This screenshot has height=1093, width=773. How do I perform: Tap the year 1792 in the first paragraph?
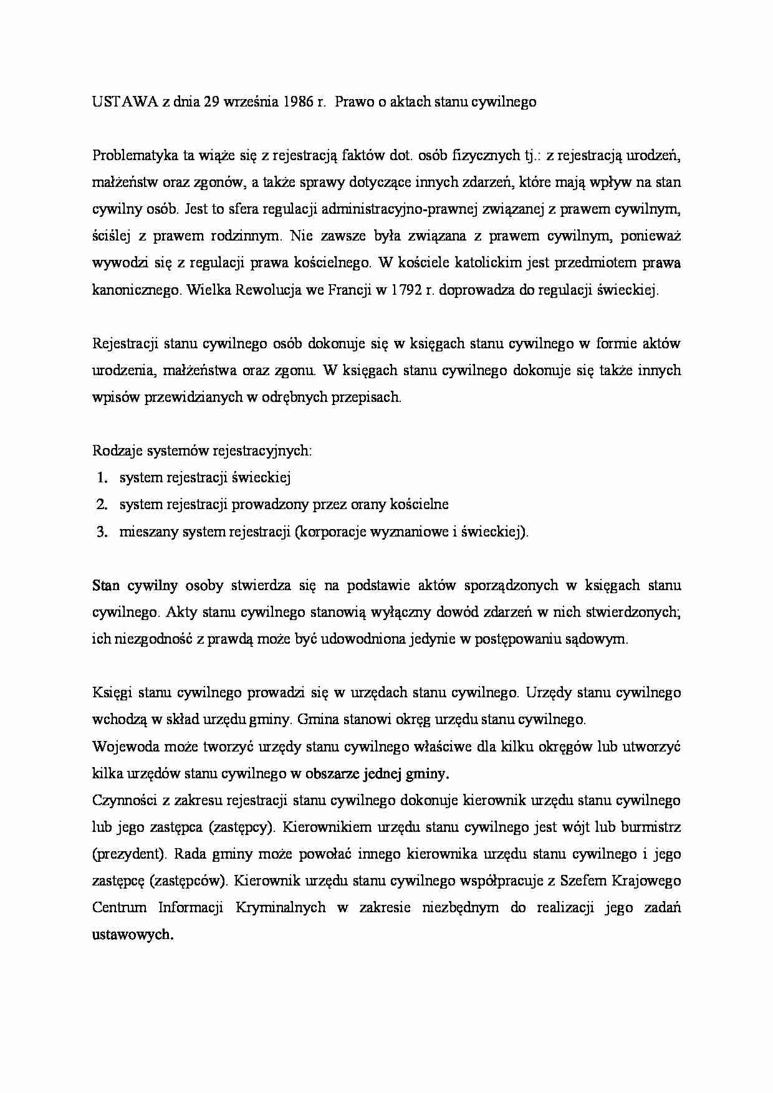(x=409, y=290)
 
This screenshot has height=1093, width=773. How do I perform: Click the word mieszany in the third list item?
(x=146, y=532)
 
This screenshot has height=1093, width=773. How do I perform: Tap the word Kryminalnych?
(x=281, y=907)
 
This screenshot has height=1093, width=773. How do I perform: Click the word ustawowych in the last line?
(x=132, y=934)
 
